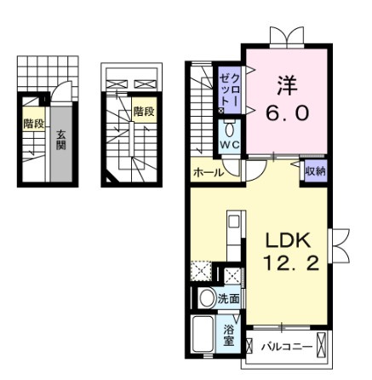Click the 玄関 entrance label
tap(61, 140)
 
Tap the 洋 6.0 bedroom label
tap(287, 100)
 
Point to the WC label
tap(230, 145)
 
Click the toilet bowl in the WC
tap(229, 131)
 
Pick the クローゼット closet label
tap(230, 89)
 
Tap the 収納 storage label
tap(315, 171)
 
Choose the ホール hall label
tap(209, 173)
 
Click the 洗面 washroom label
tap(228, 299)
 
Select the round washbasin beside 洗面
tap(208, 298)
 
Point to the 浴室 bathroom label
tap(228, 336)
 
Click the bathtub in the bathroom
tap(203, 334)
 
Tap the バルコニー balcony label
tap(287, 347)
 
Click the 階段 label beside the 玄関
tap(34, 124)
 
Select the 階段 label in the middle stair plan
tap(144, 112)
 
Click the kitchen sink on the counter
tap(234, 221)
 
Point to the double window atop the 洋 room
tap(287, 37)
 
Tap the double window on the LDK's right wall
tap(339, 245)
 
